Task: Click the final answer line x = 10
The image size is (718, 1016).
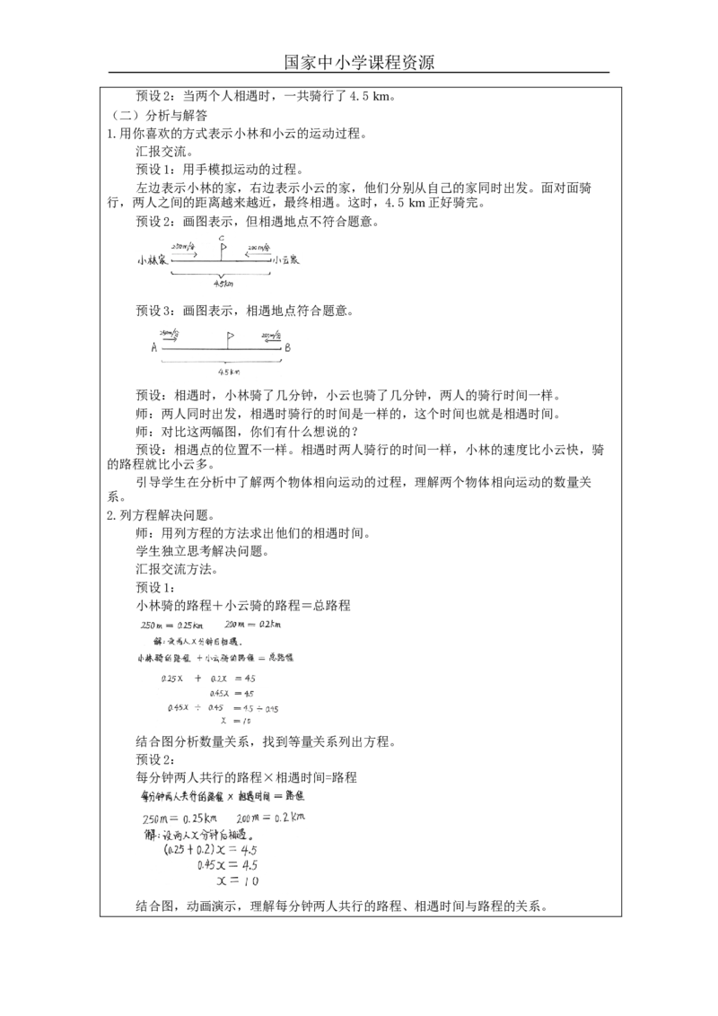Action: (x=236, y=881)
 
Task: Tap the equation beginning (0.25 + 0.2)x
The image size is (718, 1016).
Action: (x=211, y=848)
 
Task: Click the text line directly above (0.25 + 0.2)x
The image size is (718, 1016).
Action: (x=197, y=834)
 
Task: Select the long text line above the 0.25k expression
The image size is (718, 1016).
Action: (x=223, y=796)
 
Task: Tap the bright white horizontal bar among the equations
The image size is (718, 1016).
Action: (x=220, y=686)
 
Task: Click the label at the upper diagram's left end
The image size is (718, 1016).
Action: (x=151, y=260)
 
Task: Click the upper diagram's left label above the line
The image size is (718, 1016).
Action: (x=186, y=248)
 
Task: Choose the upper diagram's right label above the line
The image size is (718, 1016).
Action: (x=258, y=248)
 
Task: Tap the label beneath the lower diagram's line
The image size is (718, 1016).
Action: (x=229, y=370)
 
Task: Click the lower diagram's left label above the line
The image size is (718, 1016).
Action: (x=169, y=335)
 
